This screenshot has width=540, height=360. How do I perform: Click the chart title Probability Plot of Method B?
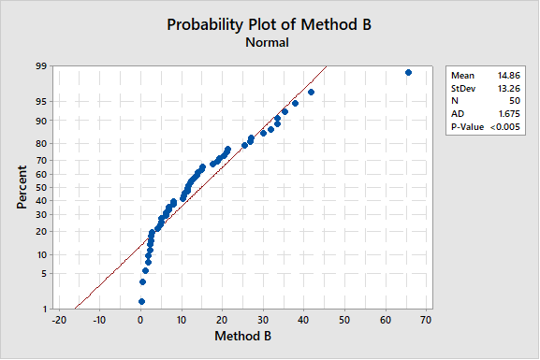pos(269,24)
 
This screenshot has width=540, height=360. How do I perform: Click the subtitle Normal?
pos(268,42)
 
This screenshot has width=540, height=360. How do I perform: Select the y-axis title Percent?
pos(22,187)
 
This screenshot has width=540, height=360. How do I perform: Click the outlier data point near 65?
pos(408,72)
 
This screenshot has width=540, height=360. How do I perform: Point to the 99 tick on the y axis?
pos(41,66)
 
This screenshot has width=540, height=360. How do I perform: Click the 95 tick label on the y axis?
pos(41,101)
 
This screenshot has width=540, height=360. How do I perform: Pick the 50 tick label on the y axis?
pos(41,187)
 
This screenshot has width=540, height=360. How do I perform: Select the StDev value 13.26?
pos(490,88)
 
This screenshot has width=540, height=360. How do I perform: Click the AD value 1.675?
pos(490,113)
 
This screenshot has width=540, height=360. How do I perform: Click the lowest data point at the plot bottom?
pos(141,301)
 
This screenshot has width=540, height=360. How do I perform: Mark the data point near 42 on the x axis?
pos(311,92)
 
